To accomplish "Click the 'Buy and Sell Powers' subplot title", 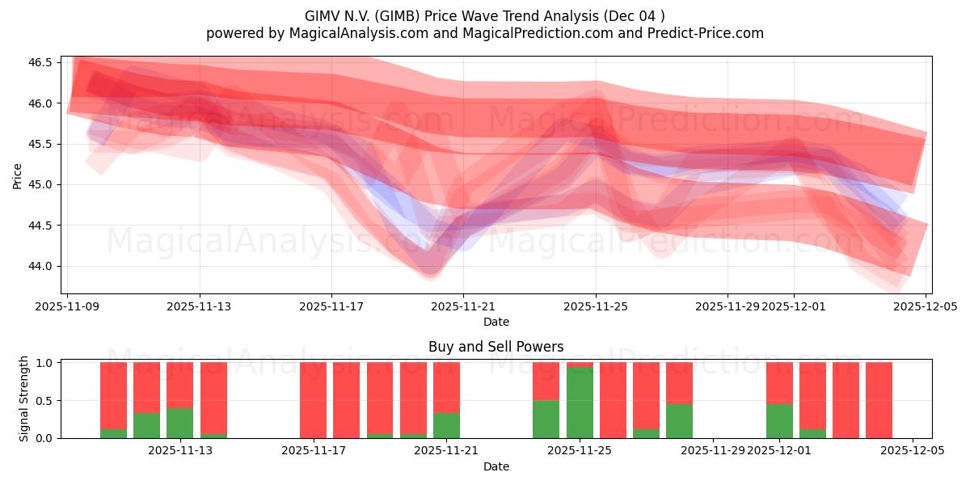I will click(496, 347).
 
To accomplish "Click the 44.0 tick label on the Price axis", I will click(40, 266).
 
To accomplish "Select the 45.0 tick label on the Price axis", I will click(40, 184).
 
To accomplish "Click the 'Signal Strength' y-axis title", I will click(24, 399).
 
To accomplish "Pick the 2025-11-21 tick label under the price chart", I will click(463, 306).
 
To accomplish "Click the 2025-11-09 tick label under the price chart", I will click(69, 306).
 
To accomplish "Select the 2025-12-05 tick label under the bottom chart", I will click(913, 451).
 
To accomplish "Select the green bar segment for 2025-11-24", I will click(546, 419).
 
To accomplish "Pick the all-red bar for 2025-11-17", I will click(313, 400).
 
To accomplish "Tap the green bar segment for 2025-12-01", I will click(779, 420).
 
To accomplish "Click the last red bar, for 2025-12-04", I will click(879, 400).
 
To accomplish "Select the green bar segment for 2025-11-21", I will click(446, 425).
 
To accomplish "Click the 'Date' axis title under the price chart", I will click(496, 322).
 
